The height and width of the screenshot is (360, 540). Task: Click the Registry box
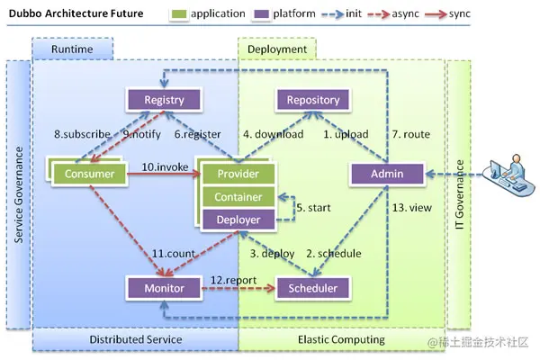coord(164,100)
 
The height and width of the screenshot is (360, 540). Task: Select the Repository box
coord(313,100)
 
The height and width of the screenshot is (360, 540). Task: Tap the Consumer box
coord(89,174)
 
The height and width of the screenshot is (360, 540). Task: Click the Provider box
coord(238,174)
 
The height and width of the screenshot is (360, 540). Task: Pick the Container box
coord(238,197)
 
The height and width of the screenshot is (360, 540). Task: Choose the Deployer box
coord(238,220)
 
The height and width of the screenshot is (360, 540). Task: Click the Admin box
coord(387,174)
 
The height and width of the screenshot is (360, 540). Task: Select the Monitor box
coord(164,288)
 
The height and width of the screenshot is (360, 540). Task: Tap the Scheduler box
coord(313,288)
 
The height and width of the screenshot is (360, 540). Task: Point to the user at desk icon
coord(508,175)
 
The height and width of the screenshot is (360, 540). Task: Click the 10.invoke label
coord(165,167)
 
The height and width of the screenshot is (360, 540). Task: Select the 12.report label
coord(233,280)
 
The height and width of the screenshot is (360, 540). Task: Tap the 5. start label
coord(313,208)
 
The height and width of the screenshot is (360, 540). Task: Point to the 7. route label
coord(411,134)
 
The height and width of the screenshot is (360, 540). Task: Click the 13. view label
coord(412,208)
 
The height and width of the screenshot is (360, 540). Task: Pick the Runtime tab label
coord(72,49)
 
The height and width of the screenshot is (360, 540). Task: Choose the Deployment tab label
coord(277,49)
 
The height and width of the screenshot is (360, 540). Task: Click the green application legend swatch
coord(179,14)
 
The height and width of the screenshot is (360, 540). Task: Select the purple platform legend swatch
coord(261,14)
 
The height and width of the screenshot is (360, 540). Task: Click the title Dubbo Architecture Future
coord(76,13)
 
